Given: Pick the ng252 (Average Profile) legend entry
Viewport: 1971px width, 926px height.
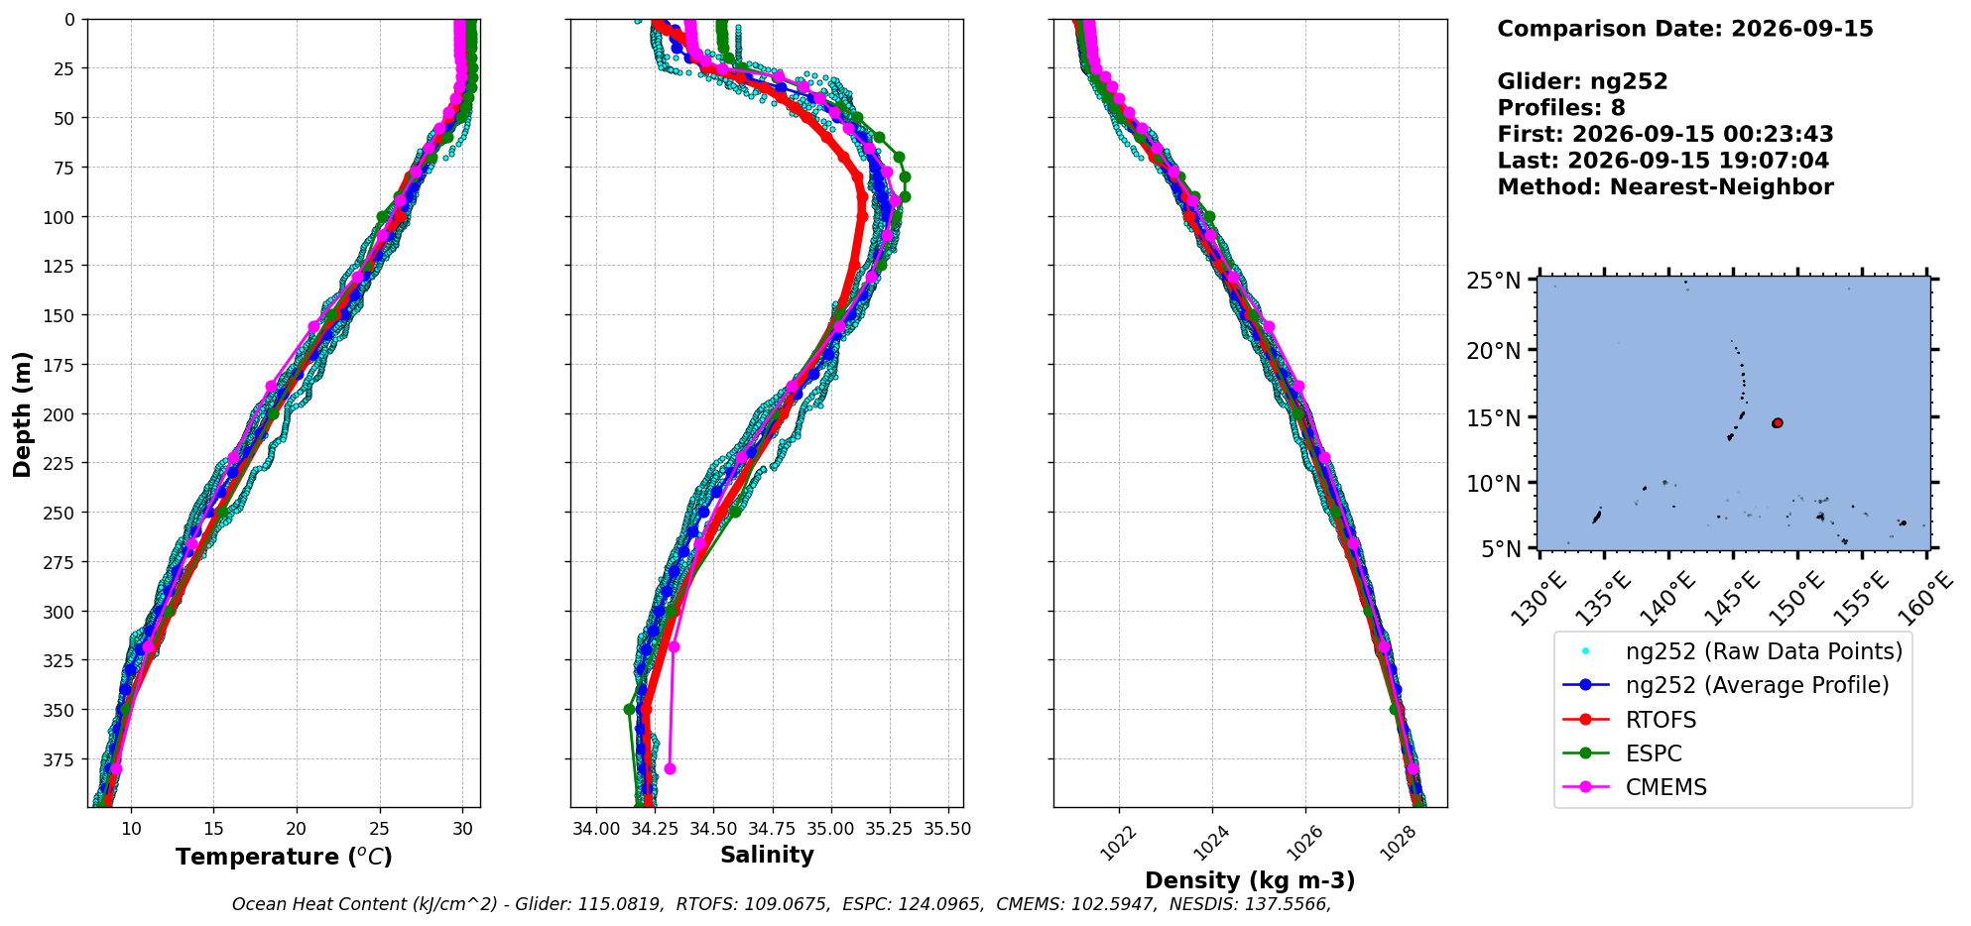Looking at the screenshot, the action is (1726, 685).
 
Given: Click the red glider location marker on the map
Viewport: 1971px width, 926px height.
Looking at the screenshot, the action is (1778, 423).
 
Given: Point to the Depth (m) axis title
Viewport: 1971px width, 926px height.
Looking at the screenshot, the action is (22, 414).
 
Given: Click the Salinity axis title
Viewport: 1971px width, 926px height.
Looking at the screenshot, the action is (767, 855).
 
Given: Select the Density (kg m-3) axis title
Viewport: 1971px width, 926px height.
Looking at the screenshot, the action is (1250, 880).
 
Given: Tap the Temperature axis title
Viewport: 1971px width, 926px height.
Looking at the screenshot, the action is (284, 857).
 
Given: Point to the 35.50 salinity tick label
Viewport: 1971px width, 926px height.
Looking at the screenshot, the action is (947, 829).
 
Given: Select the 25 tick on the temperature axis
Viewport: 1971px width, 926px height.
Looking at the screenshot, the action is (379, 829).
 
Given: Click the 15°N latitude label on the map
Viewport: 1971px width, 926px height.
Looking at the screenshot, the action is (1494, 418).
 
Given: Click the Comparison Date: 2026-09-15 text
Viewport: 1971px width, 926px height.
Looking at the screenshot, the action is (1685, 29).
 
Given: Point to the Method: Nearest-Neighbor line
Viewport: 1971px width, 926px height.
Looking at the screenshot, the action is (1665, 187).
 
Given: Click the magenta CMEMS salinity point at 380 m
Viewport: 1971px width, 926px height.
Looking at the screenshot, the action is (670, 768).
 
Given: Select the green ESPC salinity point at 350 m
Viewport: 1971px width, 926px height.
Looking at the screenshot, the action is (629, 710).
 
